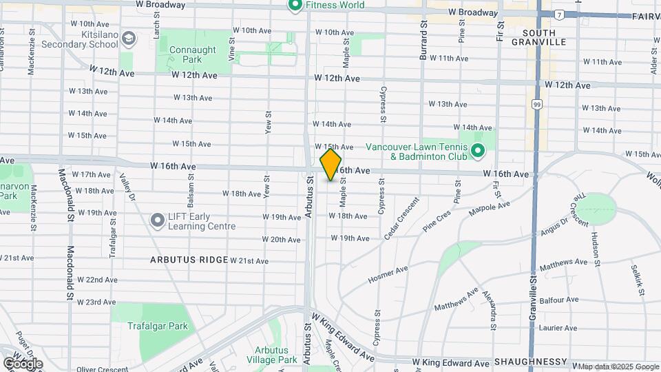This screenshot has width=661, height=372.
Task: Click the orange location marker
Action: (331, 164)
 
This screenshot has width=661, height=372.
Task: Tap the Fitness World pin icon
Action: (295, 6)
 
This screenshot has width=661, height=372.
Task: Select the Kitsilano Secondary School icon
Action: (127, 40)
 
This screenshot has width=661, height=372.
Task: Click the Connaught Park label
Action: (192, 55)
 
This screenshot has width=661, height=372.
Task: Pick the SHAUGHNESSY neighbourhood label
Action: (530, 362)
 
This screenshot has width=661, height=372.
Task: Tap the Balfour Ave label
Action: (559, 300)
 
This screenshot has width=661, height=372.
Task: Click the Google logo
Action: (23, 363)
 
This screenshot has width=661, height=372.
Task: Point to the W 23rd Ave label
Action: (96, 302)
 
